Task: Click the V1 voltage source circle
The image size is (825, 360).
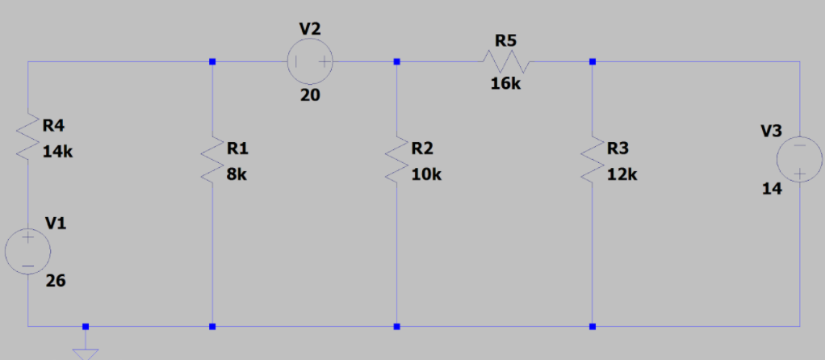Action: coord(27,249)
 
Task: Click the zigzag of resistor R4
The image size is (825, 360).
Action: coord(28,137)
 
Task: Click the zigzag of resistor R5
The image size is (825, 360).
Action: coord(505,61)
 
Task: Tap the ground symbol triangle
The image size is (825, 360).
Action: coord(86,353)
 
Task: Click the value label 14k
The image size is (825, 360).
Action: coord(57,152)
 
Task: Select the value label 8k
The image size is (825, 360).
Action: coord(237,174)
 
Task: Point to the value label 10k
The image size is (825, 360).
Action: coord(426,174)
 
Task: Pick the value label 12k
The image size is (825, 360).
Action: coord(622,174)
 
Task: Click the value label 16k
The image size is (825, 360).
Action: coord(506,84)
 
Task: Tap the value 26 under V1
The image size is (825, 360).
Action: coord(56,281)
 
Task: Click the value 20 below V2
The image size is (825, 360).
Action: coord(310,95)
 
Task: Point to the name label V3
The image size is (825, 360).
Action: coord(772,131)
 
